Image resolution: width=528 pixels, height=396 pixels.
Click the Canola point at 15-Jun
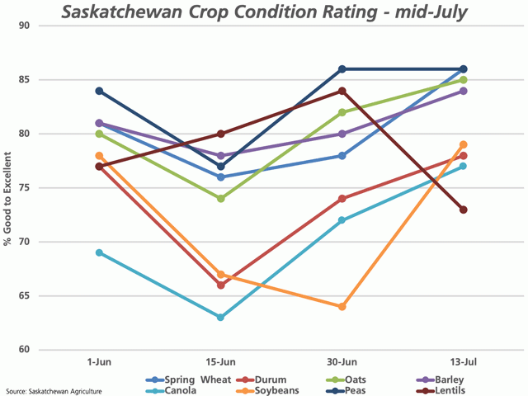[x=221, y=318]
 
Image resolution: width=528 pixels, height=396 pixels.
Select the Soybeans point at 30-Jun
[x=342, y=307]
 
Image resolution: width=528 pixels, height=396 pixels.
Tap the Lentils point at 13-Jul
[x=464, y=210]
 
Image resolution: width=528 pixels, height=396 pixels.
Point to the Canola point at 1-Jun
[x=100, y=252]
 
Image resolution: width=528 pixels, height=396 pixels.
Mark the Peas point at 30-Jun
[x=342, y=69]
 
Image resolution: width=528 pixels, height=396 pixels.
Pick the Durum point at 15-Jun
[x=221, y=285]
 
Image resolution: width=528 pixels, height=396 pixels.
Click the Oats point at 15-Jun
[x=221, y=199]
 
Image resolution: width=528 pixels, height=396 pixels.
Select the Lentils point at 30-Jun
[x=342, y=91]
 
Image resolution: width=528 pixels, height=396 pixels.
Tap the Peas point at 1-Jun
[x=100, y=91]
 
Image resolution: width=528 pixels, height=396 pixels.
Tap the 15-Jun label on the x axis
[x=221, y=362]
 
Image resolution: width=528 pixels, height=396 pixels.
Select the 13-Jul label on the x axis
[x=464, y=362]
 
